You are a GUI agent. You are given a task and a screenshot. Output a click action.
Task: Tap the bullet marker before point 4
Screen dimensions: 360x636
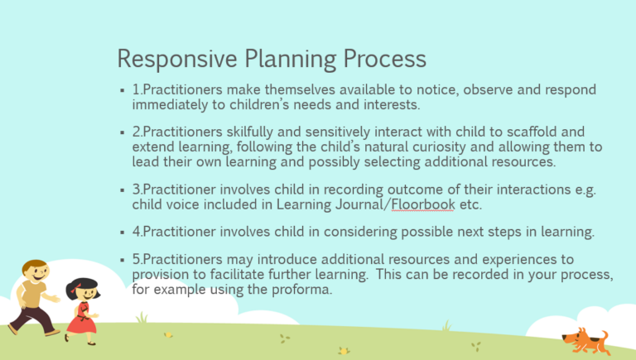point(122,233)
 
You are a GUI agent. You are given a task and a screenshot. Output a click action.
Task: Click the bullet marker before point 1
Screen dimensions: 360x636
point(122,90)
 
